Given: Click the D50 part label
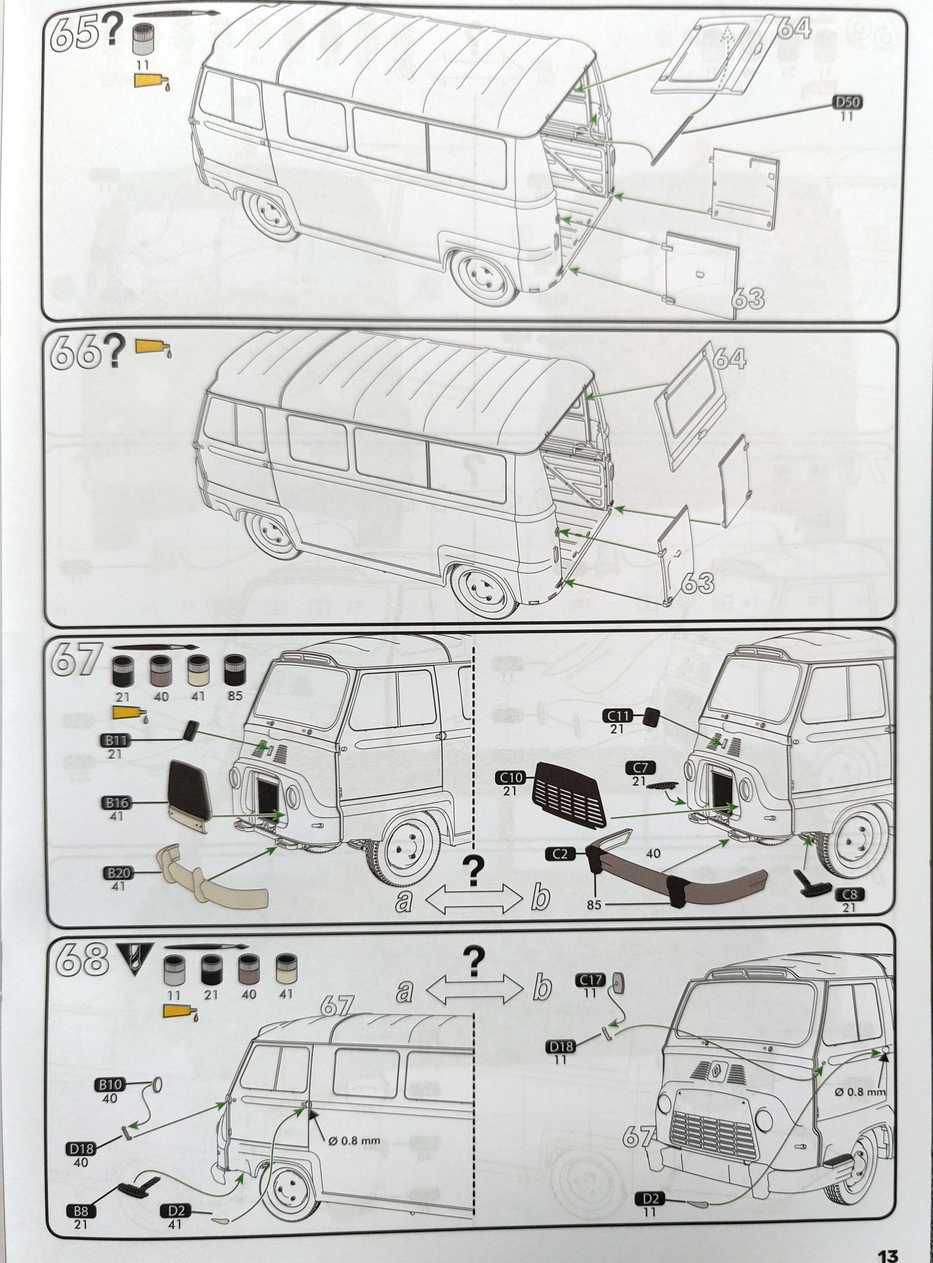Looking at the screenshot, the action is [847, 102].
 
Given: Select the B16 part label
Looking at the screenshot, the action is [116, 802].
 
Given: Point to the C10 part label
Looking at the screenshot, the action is [510, 778].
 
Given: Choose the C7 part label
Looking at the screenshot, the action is [640, 767].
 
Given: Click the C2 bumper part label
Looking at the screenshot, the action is [560, 854].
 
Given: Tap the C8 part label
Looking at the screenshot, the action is [849, 894].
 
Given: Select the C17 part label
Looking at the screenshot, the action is [590, 980].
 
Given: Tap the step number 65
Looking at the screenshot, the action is [75, 32].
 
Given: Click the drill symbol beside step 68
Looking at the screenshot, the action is [135, 959].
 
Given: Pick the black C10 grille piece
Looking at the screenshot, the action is [571, 792].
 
